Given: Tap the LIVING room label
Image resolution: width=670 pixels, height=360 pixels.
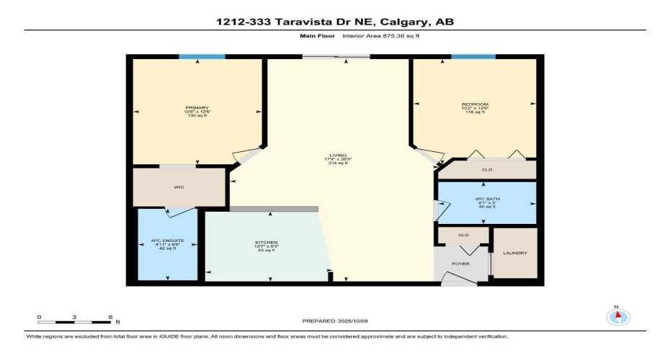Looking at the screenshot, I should coord(338,156).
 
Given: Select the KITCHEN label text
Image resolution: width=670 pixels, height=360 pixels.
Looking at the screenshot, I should coord(267,242).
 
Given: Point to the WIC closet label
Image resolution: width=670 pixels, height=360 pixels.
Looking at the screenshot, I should coord(179,187).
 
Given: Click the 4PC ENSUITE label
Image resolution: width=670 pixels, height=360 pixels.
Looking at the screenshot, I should coord(168,240).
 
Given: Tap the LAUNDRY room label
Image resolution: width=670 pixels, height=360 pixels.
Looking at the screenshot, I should coord(515,253).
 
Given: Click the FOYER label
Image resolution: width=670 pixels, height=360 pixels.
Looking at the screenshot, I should coord(461,264).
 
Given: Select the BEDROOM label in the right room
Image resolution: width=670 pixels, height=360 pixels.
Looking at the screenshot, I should coord(475,104).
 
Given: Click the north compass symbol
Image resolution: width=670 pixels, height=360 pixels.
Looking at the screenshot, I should coord(617,317).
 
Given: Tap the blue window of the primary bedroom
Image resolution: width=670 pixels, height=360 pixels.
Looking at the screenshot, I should coord(202,56).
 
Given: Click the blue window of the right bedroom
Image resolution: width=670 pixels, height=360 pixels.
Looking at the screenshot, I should coord(473,56).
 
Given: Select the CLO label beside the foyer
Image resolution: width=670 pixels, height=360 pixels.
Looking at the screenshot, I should coord(463,235).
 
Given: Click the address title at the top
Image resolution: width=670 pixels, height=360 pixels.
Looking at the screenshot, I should coord(335,22).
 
